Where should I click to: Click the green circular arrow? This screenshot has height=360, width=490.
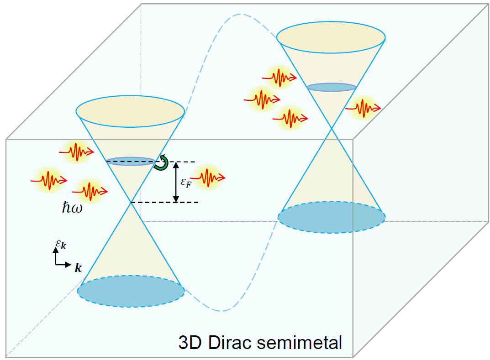point(161,163)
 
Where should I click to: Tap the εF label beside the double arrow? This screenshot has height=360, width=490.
point(185,183)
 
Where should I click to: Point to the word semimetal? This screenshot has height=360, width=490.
point(305,342)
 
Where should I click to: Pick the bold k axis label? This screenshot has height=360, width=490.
point(78,268)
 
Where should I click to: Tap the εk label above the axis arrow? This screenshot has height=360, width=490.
point(61,245)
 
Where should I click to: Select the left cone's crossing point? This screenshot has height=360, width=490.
point(131,203)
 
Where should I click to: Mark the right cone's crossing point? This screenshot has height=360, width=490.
point(332,129)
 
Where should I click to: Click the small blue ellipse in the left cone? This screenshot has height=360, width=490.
point(131,161)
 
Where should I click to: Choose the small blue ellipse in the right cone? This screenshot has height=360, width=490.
point(331,87)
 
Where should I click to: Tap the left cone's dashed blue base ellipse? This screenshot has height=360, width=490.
point(131,291)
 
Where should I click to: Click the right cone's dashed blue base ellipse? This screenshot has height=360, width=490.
point(332,217)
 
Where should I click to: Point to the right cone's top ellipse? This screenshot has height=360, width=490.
point(331,36)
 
